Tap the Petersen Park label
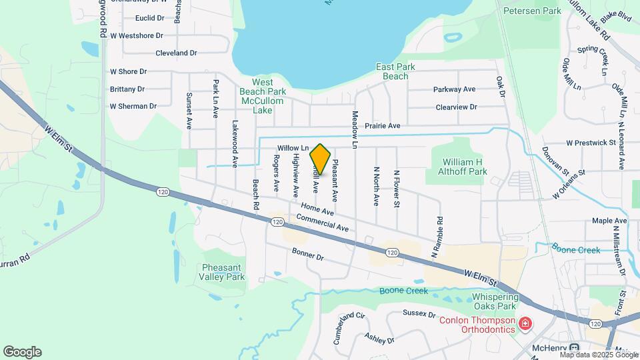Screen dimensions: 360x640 pyautogui.click(x=531, y=11)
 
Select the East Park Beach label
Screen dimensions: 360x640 pyautogui.click(x=395, y=71)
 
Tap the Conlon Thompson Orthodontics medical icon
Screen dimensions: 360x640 pyautogui.click(x=525, y=324)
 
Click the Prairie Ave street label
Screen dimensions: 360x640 pyautogui.click(x=383, y=125)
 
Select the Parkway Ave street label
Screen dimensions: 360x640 pyautogui.click(x=454, y=89)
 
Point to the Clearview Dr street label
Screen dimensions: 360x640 pyautogui.click(x=456, y=107)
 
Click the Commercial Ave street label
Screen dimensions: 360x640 pyautogui.click(x=323, y=223)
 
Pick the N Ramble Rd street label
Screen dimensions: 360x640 pyautogui.click(x=437, y=237)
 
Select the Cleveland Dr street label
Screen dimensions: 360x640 pyautogui.click(x=176, y=53)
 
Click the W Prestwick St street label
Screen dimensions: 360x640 pyautogui.click(x=591, y=143)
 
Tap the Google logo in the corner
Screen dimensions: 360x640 pyautogui.click(x=22, y=352)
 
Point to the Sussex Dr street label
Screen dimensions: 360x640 pyautogui.click(x=419, y=313)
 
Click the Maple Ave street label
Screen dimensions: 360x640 pyautogui.click(x=609, y=221)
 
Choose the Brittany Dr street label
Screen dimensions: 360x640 pyautogui.click(x=127, y=89)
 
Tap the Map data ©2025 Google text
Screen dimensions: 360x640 pyautogui.click(x=599, y=355)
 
